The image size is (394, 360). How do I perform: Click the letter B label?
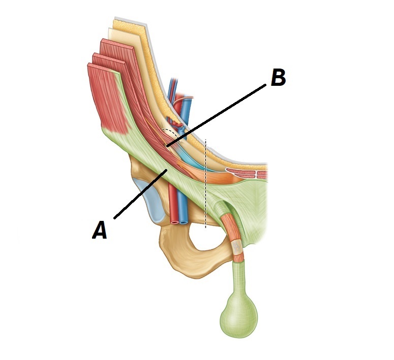point(278,78)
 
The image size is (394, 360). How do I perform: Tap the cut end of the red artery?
point(174,221)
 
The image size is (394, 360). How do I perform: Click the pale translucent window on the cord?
point(237,247)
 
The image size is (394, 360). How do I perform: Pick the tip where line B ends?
point(168,146)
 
